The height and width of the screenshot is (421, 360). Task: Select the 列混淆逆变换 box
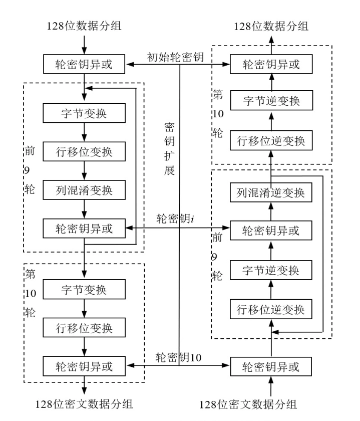(271, 191)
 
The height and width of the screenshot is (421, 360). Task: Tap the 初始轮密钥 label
(175, 57)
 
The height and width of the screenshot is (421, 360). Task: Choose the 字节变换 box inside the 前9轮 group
(84, 114)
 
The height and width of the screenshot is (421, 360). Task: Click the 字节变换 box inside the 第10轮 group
(84, 291)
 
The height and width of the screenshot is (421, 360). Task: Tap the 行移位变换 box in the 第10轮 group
(84, 328)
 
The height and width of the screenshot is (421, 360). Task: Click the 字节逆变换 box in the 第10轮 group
(271, 102)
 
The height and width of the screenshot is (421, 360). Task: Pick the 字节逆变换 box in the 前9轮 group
(271, 270)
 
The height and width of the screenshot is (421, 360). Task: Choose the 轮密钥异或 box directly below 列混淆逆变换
(271, 231)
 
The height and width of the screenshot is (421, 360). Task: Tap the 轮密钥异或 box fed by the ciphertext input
(271, 367)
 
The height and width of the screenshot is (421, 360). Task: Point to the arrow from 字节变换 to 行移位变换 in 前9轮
(84, 132)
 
